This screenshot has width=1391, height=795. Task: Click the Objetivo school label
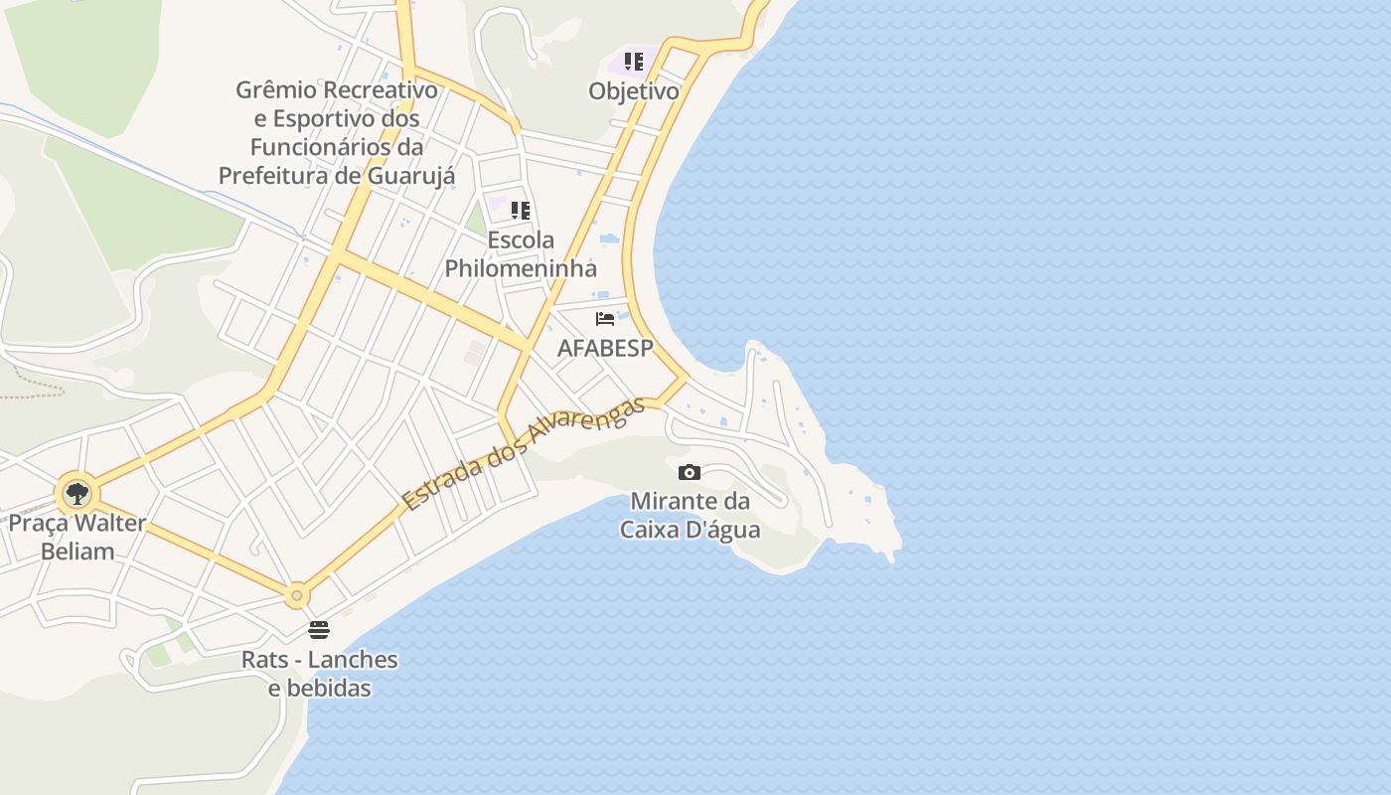pos(634,91)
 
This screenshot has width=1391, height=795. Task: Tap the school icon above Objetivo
pos(634,63)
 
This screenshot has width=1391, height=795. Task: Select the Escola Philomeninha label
pos(521,254)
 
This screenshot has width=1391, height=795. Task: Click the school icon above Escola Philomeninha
pos(521,211)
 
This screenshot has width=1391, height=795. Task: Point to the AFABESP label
pos(605,349)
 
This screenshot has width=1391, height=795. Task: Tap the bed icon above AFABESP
pos(605,319)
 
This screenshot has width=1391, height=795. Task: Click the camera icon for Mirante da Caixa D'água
pos(690,472)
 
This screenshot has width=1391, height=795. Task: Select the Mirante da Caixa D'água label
pos(691,515)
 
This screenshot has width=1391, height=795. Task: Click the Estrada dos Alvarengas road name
pos(523,454)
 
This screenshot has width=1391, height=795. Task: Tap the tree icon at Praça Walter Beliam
pos(77,493)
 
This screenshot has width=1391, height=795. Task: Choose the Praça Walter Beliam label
pos(77,537)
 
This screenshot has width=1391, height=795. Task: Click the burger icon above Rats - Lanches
pos(319,630)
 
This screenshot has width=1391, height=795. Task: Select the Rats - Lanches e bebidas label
pos(319,674)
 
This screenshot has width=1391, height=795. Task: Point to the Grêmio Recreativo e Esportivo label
pos(337,132)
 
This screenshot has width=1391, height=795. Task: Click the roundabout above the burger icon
pos(296,596)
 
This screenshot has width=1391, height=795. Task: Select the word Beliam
pos(77,551)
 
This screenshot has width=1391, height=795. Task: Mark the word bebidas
pos(319,688)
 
